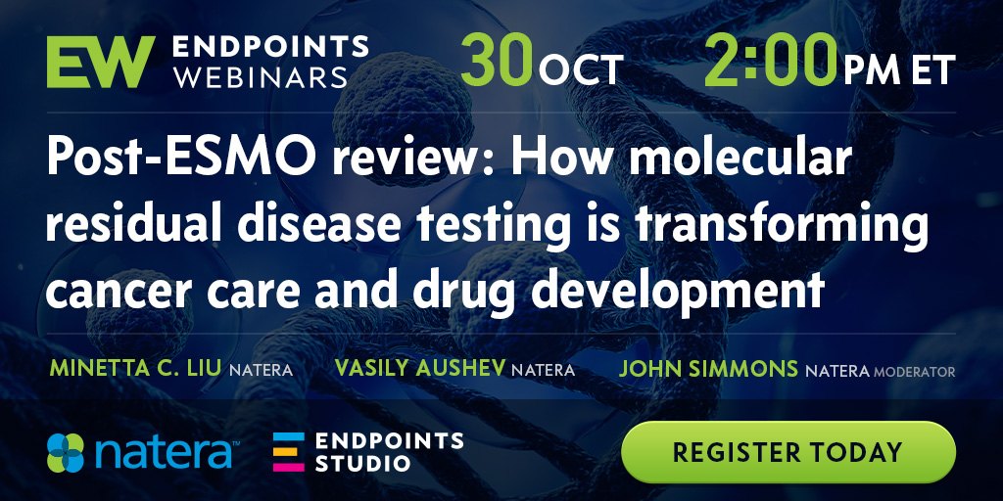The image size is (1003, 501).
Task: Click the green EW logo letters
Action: click(x=101, y=62)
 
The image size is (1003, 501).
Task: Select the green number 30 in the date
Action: click(x=497, y=62)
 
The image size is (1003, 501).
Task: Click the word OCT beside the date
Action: click(x=580, y=69)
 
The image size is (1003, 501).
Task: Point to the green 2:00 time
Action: click(x=771, y=62)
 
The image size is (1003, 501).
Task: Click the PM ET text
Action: click(x=899, y=69)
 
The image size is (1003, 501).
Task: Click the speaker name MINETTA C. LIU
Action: click(x=136, y=369)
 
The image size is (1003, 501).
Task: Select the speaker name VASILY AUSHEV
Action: click(x=419, y=369)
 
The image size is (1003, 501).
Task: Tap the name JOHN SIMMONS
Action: click(x=708, y=369)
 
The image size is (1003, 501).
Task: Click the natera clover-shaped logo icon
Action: click(x=66, y=453)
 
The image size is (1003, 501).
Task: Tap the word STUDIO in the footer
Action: click(x=362, y=463)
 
